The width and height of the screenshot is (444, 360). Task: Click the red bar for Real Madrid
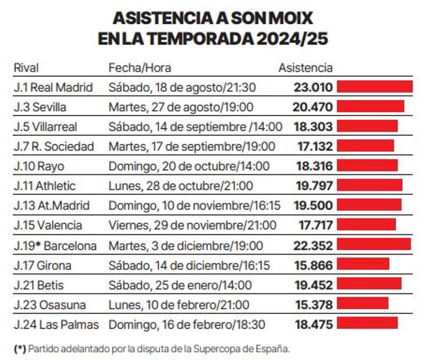[374, 87]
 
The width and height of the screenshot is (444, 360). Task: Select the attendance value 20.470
[313, 107]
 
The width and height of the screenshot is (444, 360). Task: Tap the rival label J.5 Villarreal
[46, 127]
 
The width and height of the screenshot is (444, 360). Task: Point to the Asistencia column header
[305, 68]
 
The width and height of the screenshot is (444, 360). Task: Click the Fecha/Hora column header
[139, 68]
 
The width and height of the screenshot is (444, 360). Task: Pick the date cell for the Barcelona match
[186, 246]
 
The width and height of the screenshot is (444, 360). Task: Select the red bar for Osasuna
[363, 303]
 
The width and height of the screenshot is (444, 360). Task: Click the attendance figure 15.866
[314, 265]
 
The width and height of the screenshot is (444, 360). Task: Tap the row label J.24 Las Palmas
[56, 325]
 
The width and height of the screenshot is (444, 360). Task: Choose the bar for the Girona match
[363, 264]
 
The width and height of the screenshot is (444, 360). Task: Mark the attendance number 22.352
[313, 246]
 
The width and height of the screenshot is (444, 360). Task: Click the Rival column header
[26, 68]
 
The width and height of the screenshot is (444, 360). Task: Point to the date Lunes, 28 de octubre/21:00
[181, 186]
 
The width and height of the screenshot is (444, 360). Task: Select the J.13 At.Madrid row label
[52, 205]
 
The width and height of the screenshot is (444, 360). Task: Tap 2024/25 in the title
[293, 39]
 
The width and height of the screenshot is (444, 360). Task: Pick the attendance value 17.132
[315, 147]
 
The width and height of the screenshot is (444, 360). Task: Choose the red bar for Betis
[369, 284]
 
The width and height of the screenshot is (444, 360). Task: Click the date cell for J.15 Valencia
[192, 225]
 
